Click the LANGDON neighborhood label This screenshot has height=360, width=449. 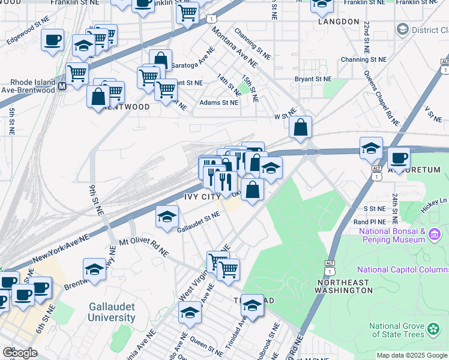[339, 22]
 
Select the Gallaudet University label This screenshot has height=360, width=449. [111, 312]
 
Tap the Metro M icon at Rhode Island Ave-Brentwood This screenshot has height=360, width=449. [62, 86]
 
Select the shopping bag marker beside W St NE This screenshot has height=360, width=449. [301, 128]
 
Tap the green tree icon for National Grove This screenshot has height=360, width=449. [433, 330]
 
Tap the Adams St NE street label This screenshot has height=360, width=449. [219, 103]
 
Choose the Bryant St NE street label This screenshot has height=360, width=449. [312, 79]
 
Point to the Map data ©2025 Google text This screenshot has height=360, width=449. [412, 355]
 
